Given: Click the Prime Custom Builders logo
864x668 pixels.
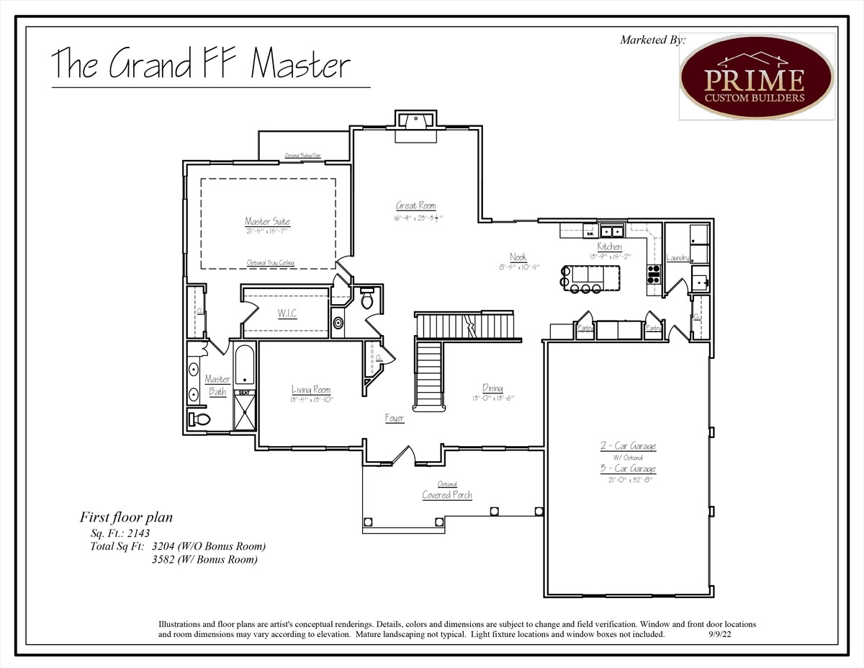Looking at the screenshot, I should pyautogui.click(x=756, y=76).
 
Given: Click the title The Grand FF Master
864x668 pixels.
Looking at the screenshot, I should pyautogui.click(x=201, y=64).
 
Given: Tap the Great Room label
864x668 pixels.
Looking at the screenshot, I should pyautogui.click(x=415, y=205).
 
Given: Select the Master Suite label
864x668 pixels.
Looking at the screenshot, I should pyautogui.click(x=267, y=221).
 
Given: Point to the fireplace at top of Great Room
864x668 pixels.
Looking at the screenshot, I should pyautogui.click(x=415, y=120).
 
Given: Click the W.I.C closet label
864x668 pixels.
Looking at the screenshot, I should pyautogui.click(x=287, y=313).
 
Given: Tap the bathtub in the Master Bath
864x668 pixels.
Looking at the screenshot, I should pyautogui.click(x=244, y=365).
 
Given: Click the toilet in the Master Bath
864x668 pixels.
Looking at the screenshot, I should pyautogui.click(x=199, y=419).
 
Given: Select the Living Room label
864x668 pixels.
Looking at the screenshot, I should pyautogui.click(x=310, y=390).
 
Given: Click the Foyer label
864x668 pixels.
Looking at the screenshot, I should pyautogui.click(x=394, y=418).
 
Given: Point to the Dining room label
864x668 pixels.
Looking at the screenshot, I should pyautogui.click(x=492, y=388).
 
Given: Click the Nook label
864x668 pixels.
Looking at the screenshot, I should pyautogui.click(x=518, y=257).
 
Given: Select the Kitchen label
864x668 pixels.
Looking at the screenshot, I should pyautogui.click(x=609, y=246).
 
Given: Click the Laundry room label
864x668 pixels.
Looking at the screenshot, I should pyautogui.click(x=678, y=257).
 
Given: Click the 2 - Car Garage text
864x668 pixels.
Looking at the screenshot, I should pyautogui.click(x=628, y=446).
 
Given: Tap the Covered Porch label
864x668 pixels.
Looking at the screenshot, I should pyautogui.click(x=447, y=495).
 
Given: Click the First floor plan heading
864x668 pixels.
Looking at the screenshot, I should pyautogui.click(x=126, y=517).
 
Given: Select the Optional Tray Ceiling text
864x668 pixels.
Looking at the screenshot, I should pyautogui.click(x=270, y=263).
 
